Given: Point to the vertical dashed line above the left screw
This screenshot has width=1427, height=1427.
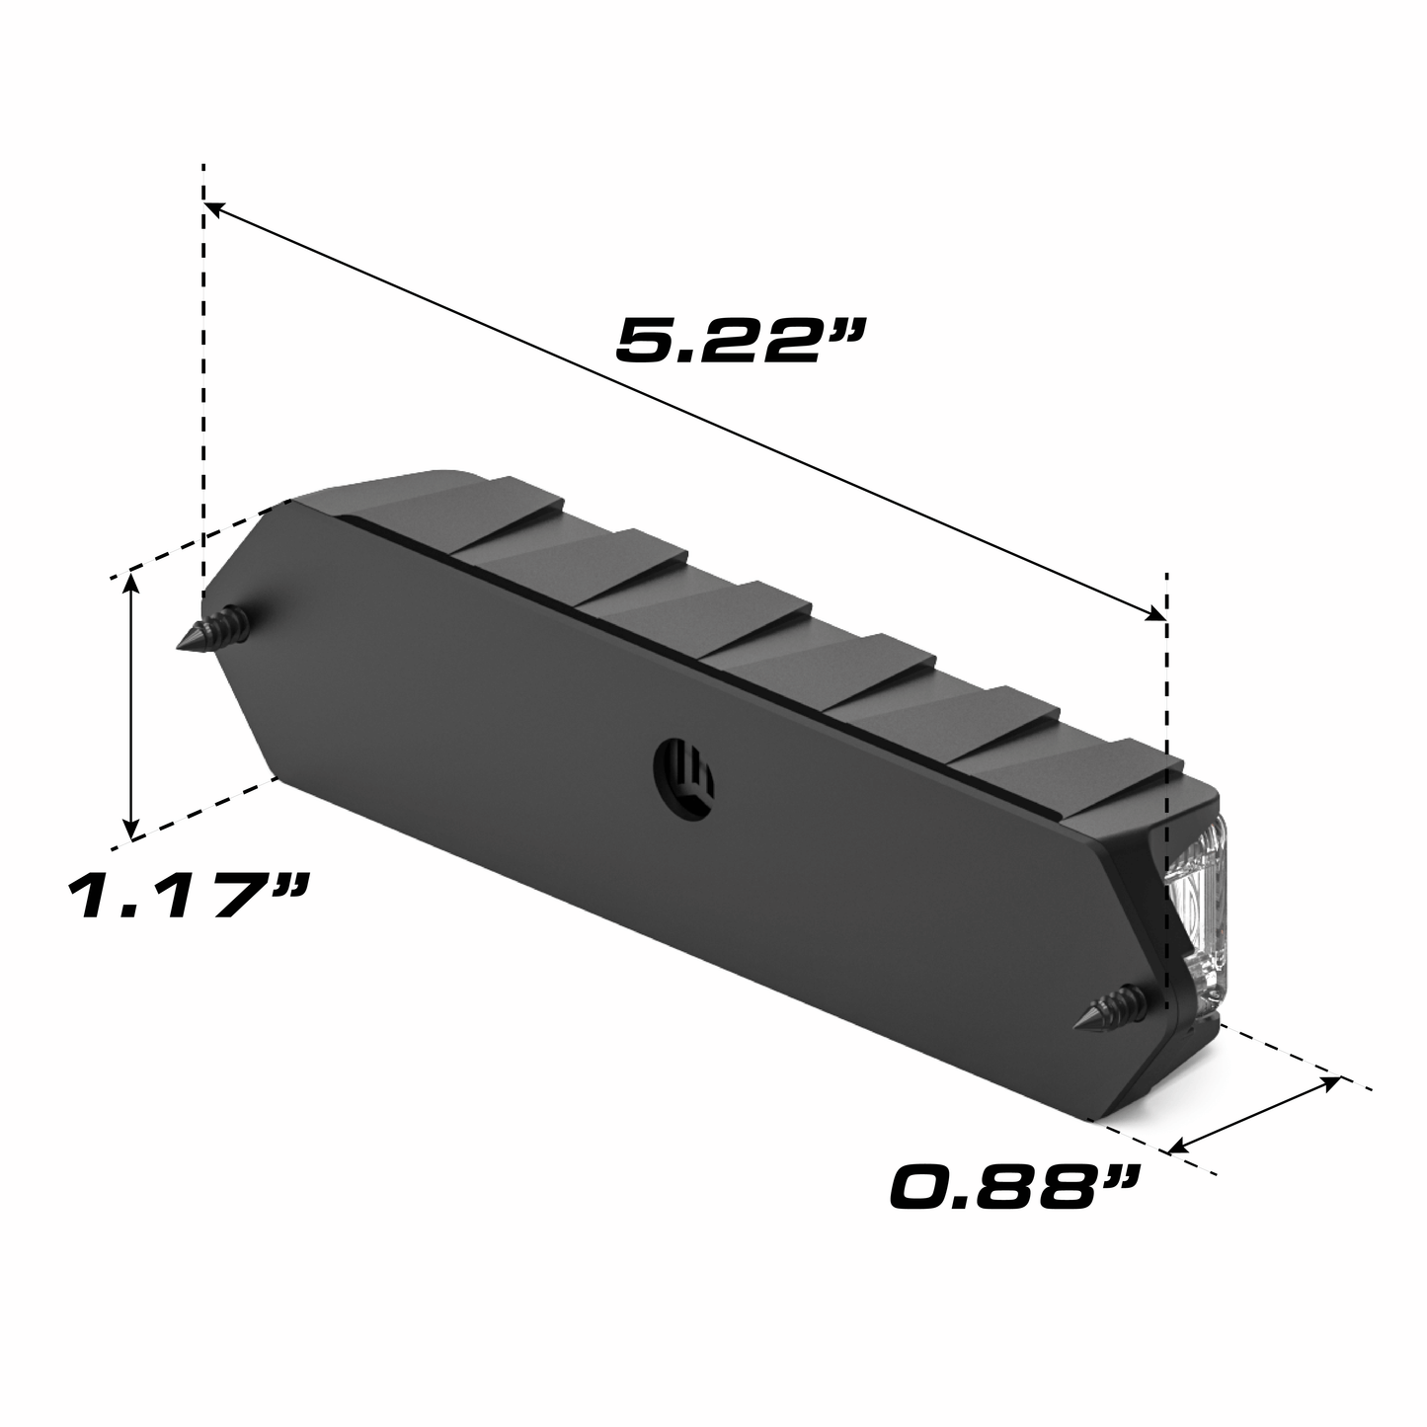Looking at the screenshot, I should point(203,395).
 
